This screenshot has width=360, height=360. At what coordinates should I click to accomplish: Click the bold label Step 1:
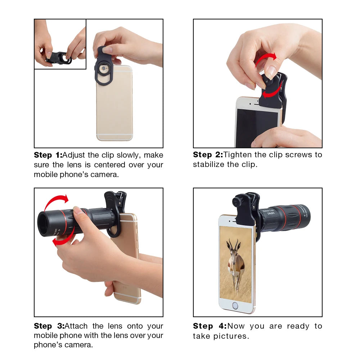pos(48,155)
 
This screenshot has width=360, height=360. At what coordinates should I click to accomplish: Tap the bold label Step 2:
pos(207,155)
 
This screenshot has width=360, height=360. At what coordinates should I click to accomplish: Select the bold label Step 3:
pos(49,326)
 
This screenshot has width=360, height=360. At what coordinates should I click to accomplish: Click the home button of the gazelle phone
pos(235,306)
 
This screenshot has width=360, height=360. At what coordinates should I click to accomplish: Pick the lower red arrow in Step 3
pos(63,239)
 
